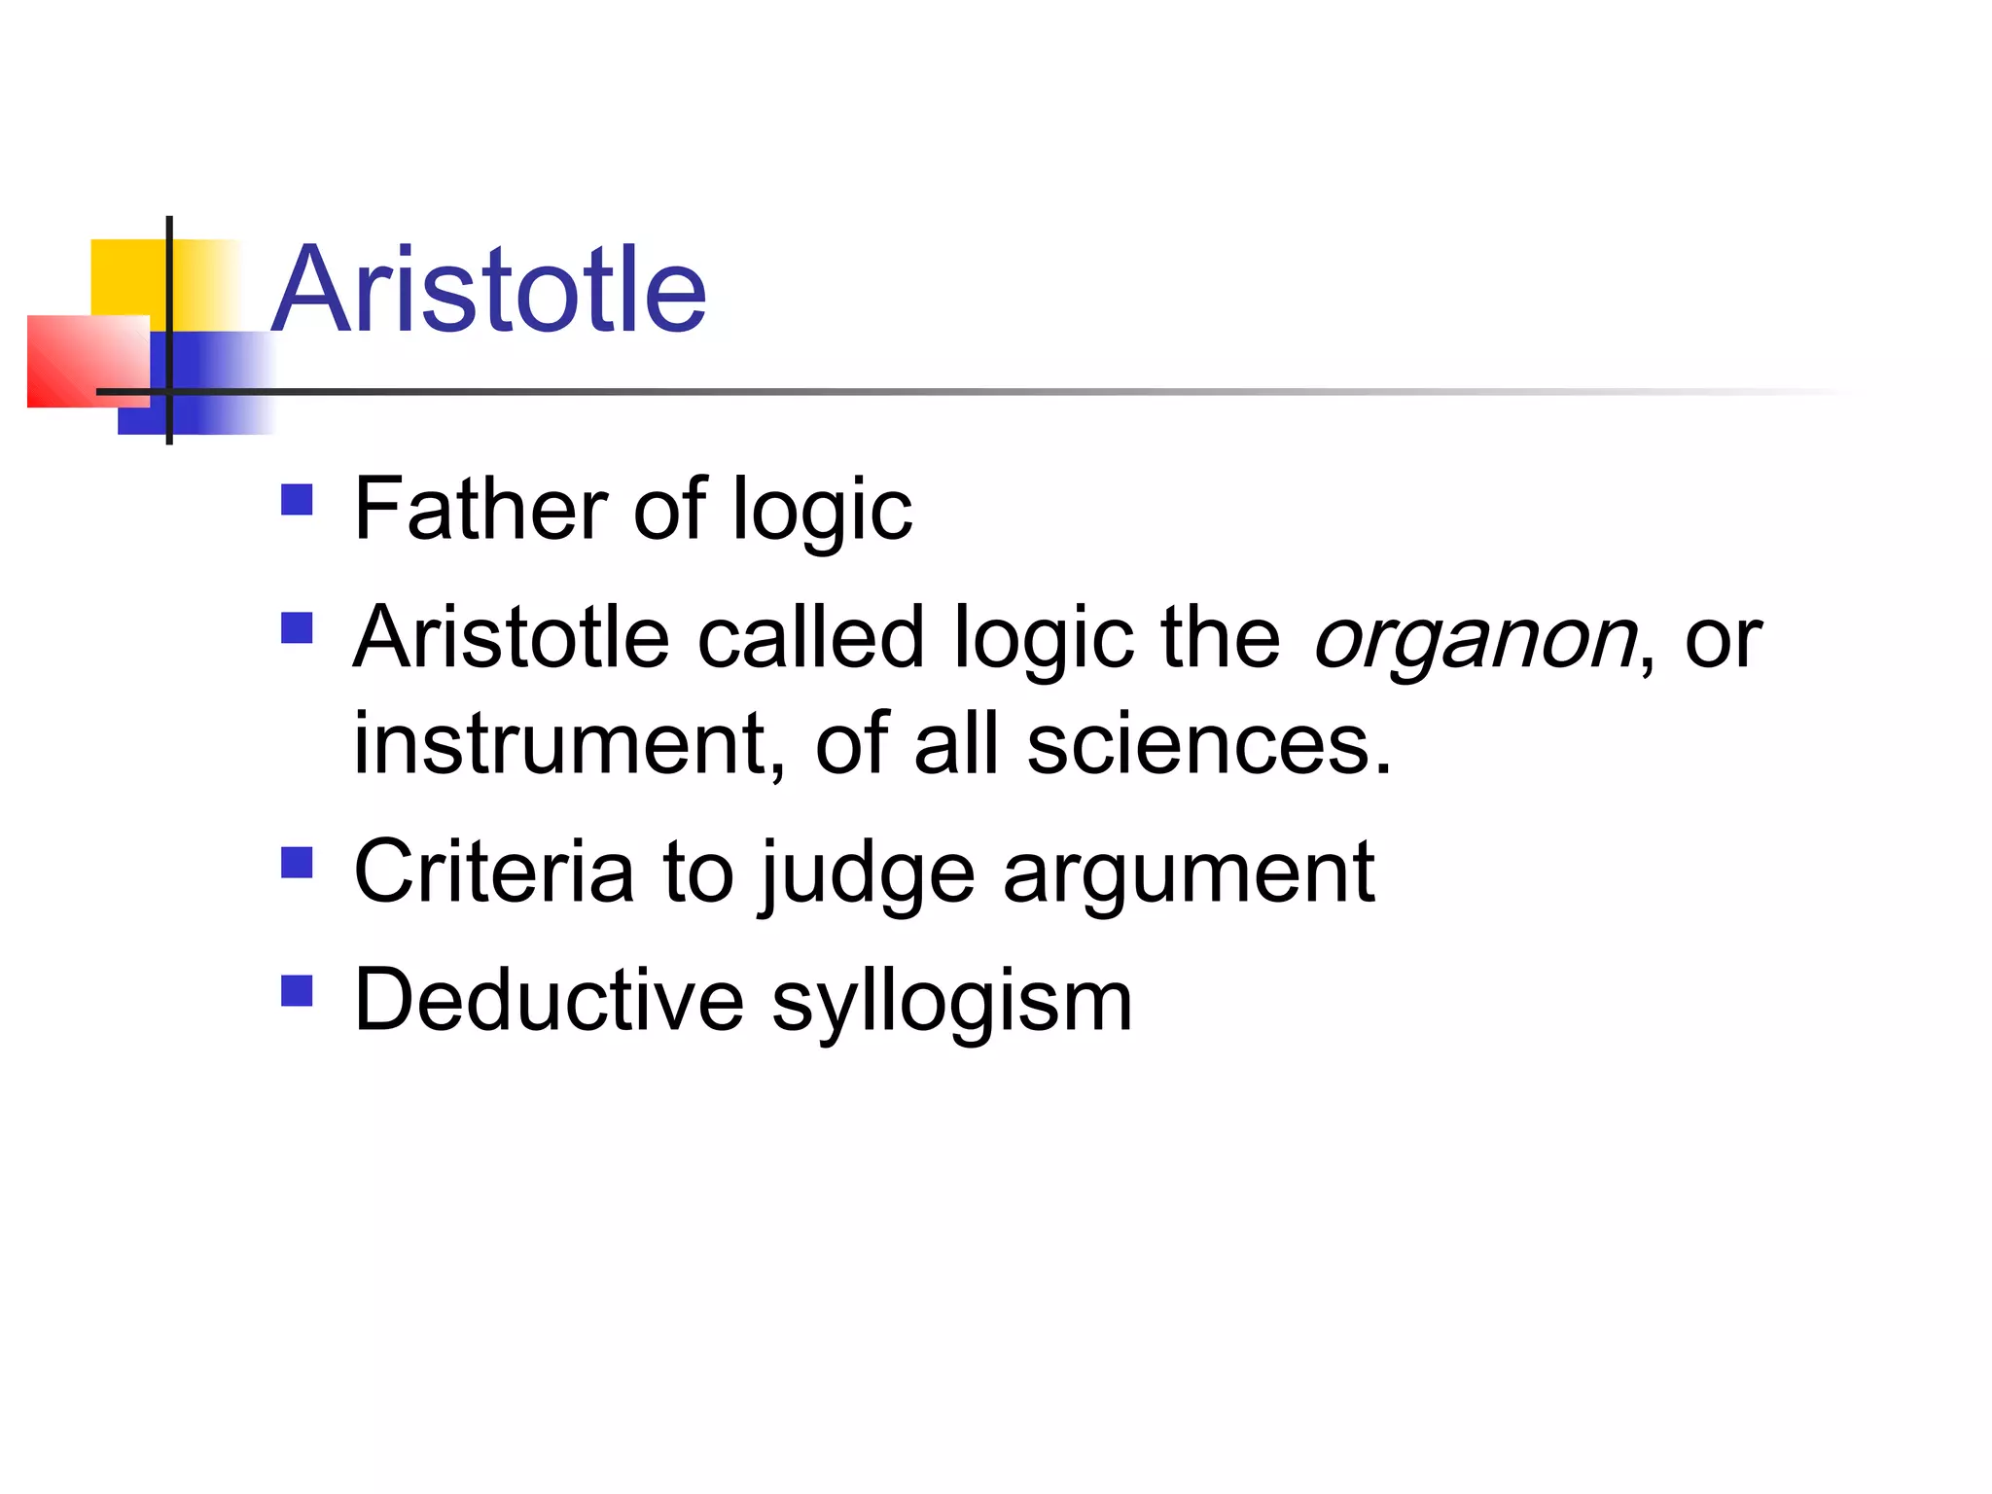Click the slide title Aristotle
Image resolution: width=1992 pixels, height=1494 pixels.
point(488,290)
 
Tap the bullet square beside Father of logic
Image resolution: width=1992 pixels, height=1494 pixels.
point(297,500)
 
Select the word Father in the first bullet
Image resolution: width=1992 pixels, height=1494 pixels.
point(480,509)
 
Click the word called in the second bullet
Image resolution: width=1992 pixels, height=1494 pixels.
point(811,638)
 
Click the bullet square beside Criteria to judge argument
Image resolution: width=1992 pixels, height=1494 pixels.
point(297,863)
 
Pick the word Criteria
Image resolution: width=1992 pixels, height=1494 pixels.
point(494,872)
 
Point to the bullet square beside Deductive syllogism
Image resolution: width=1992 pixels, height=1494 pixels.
point(297,991)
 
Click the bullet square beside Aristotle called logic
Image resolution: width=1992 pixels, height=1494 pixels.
point(297,628)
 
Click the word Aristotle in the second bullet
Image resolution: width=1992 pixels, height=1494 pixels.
point(512,638)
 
